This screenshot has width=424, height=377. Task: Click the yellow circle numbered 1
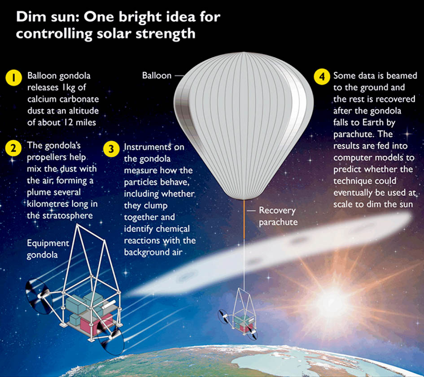pyautogui.click(x=13, y=78)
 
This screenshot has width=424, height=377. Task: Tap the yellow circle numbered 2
pyautogui.click(x=13, y=148)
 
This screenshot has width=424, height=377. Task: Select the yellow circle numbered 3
pyautogui.click(x=111, y=149)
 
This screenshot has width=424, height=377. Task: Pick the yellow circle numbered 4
pyautogui.click(x=322, y=77)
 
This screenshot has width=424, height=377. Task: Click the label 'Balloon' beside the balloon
pyautogui.click(x=157, y=75)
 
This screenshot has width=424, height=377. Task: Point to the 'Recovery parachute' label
pyautogui.click(x=278, y=216)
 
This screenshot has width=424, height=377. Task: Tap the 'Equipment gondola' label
pyautogui.click(x=48, y=249)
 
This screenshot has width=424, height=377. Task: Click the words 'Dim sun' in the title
pyautogui.click(x=47, y=17)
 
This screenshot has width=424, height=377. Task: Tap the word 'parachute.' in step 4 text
pyautogui.click(x=350, y=134)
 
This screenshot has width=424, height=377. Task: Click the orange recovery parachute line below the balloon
pyautogui.click(x=244, y=220)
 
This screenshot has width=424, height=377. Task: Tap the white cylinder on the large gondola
pyautogui.click(x=109, y=304)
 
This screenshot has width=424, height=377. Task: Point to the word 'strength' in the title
pyautogui.click(x=166, y=34)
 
